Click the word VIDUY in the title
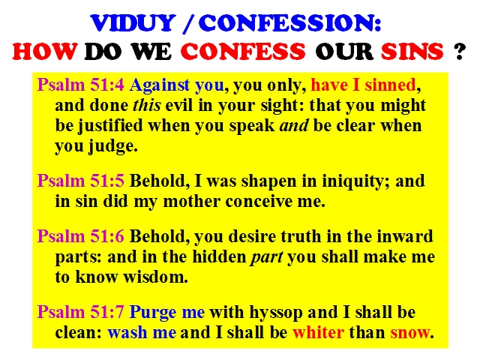click(x=133, y=23)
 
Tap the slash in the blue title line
click(x=188, y=23)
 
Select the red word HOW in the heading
click(x=45, y=51)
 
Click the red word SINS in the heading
click(x=412, y=51)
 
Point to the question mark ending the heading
click(x=460, y=51)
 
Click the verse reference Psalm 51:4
click(x=80, y=85)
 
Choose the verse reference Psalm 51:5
click(x=80, y=181)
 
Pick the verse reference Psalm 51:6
click(x=80, y=236)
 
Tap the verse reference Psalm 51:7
click(x=80, y=312)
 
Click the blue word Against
click(x=160, y=85)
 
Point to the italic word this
click(x=147, y=105)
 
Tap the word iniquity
click(x=352, y=181)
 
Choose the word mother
click(x=192, y=201)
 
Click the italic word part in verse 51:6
click(x=267, y=258)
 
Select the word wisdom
click(x=155, y=277)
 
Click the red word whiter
click(x=318, y=332)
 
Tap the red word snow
click(x=410, y=333)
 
